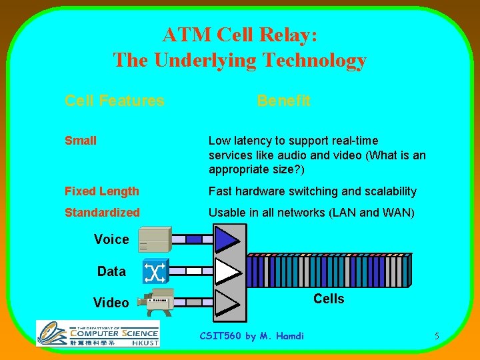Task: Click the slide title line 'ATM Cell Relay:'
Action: point(240,35)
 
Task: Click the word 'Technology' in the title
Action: point(313,61)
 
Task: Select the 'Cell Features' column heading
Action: point(114,101)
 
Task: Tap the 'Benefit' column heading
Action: point(283,101)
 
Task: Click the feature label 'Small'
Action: point(81,141)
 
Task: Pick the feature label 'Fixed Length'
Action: point(102,191)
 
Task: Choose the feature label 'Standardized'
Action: point(103,213)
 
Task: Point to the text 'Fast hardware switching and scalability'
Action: point(312,191)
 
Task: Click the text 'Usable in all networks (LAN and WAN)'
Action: point(311,213)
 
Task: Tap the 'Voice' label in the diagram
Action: point(111,239)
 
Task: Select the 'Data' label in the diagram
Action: point(111,271)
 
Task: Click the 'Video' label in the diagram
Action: point(111,303)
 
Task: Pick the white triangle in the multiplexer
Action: point(227,271)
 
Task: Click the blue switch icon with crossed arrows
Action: point(155,271)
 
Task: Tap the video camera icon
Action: point(155,302)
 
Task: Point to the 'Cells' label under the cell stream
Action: point(329,299)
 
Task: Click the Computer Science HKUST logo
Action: point(97,333)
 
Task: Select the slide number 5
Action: point(437,336)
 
